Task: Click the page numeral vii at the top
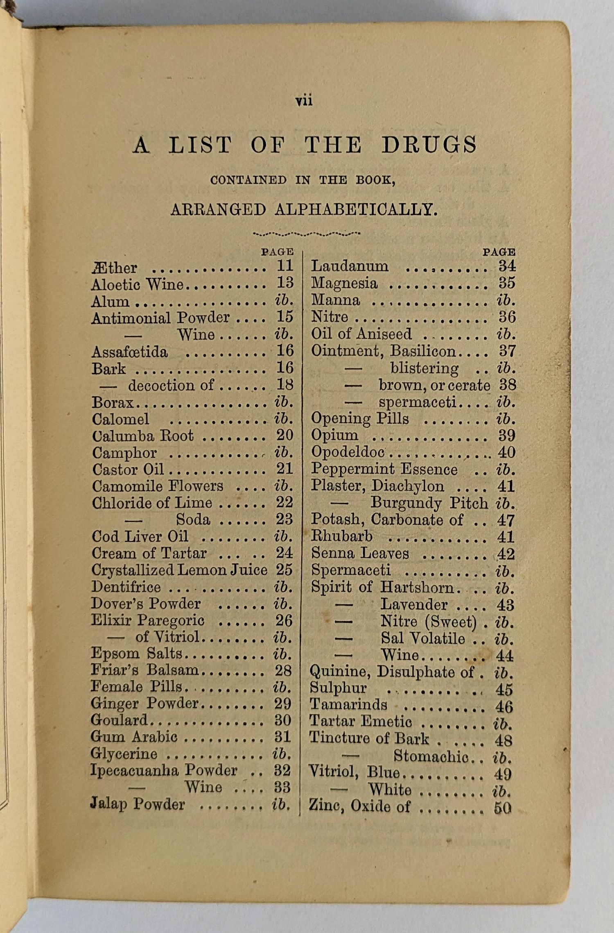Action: click(304, 101)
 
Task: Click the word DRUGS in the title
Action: click(429, 145)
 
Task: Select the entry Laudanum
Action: click(350, 266)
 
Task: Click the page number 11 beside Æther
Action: click(285, 266)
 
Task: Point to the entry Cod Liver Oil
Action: click(140, 536)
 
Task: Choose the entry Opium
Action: click(334, 435)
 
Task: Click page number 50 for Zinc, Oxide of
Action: click(503, 808)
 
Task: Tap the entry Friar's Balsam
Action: click(144, 670)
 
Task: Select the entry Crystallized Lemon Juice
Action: click(179, 570)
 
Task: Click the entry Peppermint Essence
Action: click(384, 469)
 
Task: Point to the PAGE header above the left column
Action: click(278, 252)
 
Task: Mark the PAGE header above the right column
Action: click(499, 252)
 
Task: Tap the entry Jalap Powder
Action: click(138, 804)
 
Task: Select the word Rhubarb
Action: click(342, 536)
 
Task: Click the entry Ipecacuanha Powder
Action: click(164, 770)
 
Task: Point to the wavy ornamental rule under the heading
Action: click(307, 234)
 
